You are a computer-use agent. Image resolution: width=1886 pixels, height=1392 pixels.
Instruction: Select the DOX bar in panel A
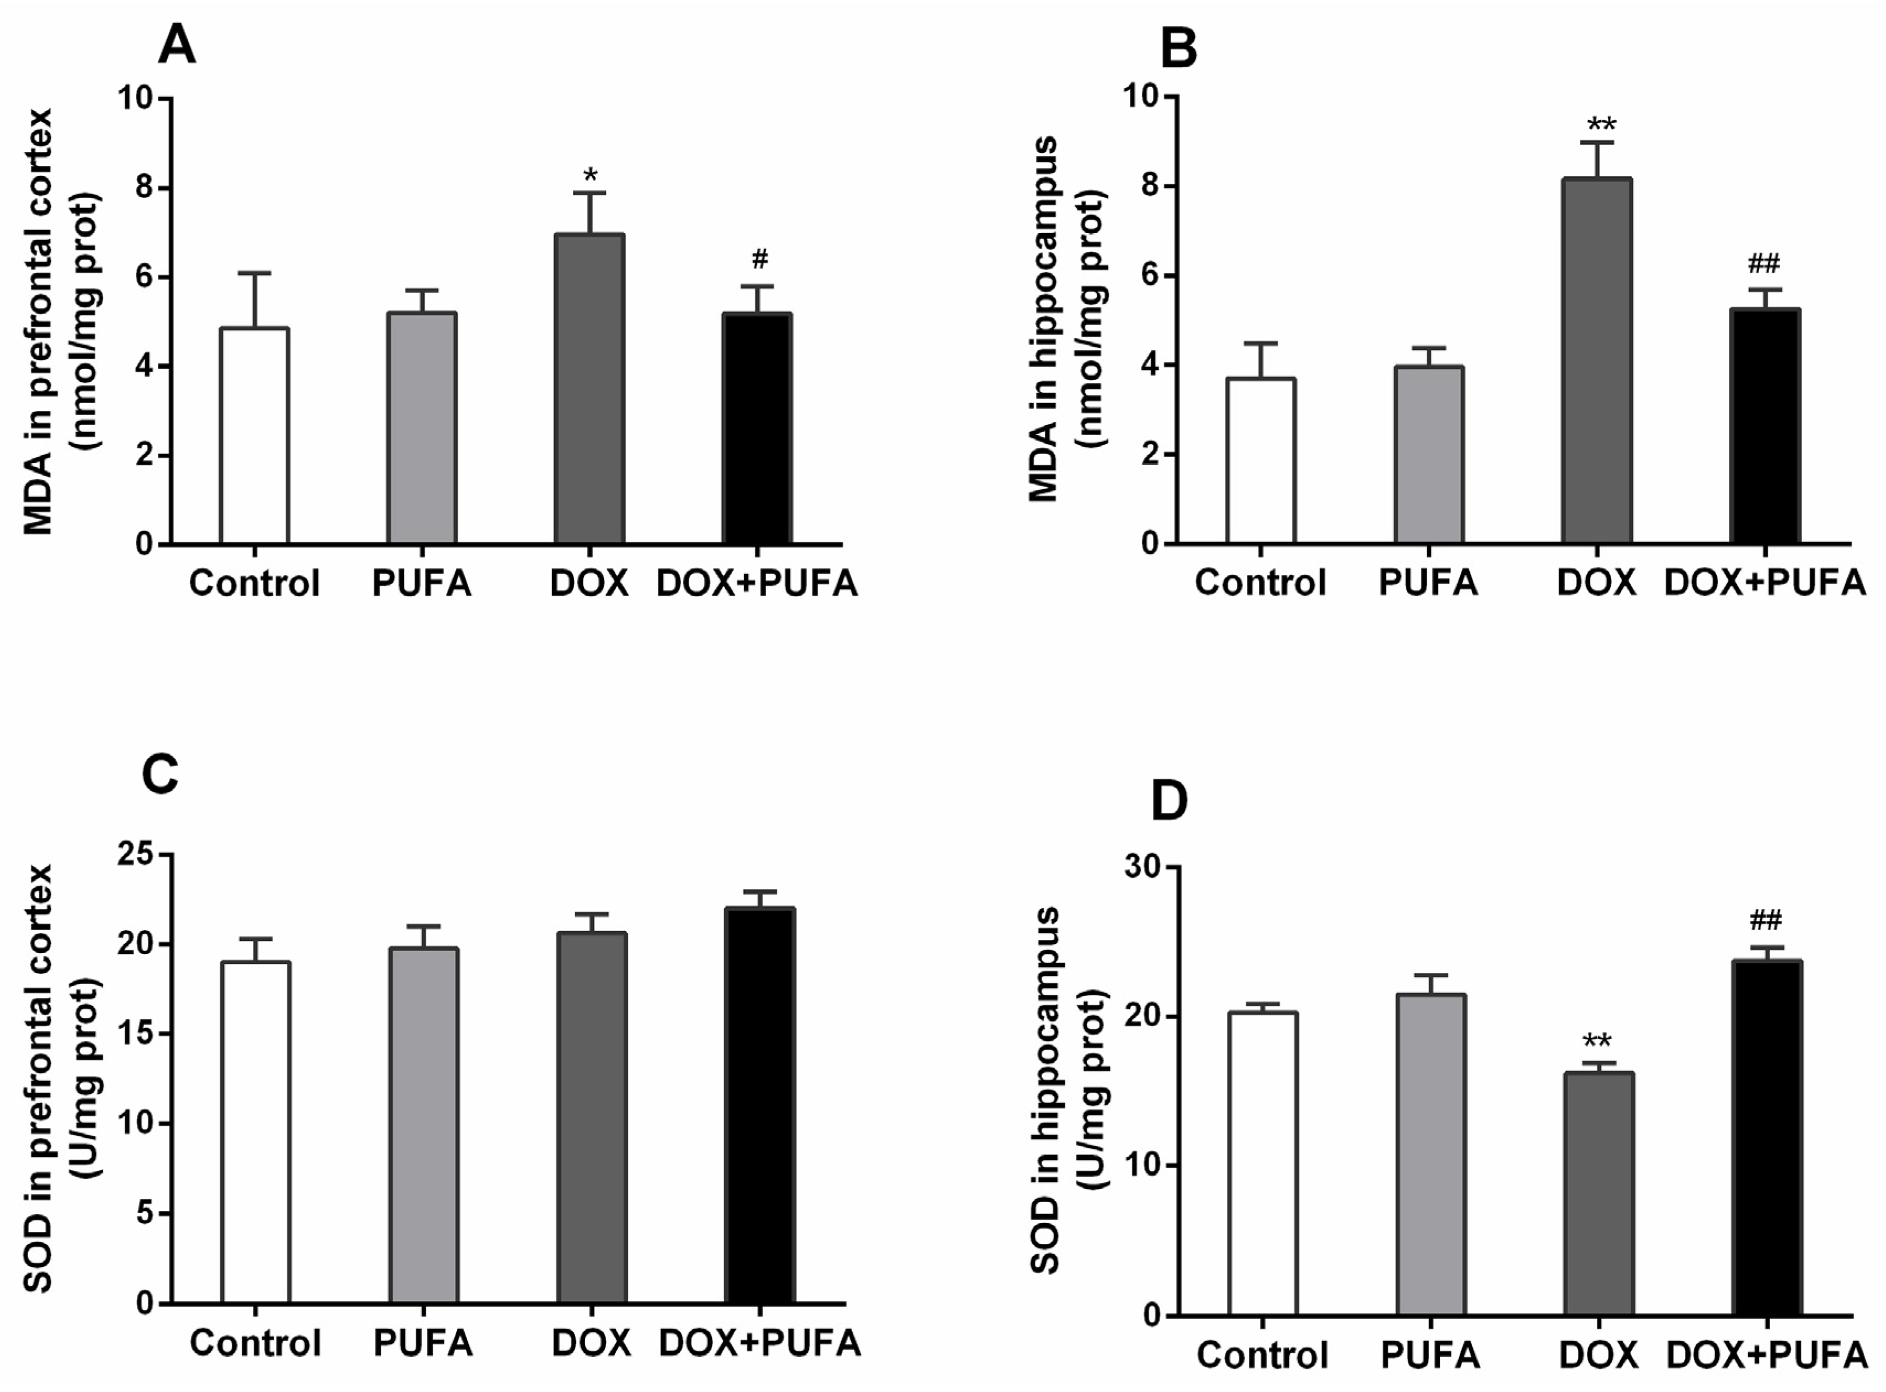[x=589, y=388]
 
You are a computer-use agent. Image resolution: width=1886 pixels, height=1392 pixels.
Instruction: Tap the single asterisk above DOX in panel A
[x=591, y=175]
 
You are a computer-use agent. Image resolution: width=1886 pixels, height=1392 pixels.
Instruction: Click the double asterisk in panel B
[x=1601, y=125]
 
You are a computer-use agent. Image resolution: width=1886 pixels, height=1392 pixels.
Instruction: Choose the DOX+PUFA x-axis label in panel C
[x=760, y=1343]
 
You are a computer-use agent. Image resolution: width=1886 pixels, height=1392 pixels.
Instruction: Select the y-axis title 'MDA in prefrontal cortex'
[x=38, y=320]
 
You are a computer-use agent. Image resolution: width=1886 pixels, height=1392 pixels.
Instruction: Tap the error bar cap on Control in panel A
[x=254, y=273]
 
